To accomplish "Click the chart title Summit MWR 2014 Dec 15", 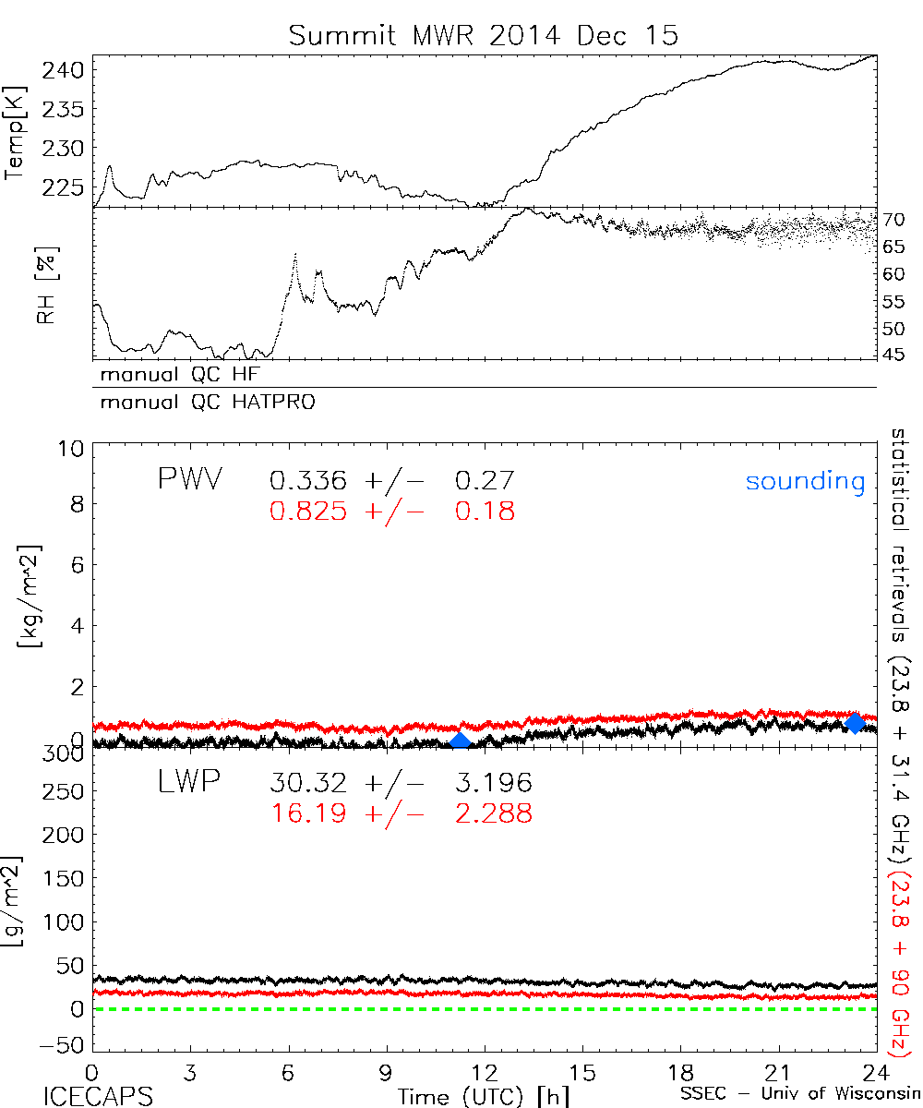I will (x=483, y=35).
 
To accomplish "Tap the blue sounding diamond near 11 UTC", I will (x=459, y=741).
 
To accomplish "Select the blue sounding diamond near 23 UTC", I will (x=855, y=722).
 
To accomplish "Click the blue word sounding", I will (x=805, y=481).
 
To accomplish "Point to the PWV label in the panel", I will (x=189, y=480).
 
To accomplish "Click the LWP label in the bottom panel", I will (x=189, y=783).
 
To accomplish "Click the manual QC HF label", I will (x=186, y=374).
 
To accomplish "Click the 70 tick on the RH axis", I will (x=893, y=219).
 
